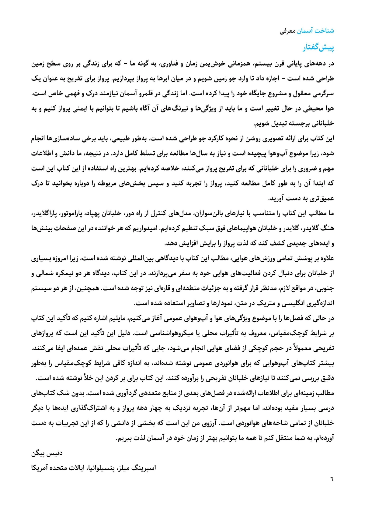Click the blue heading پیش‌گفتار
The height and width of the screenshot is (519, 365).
tap(318, 48)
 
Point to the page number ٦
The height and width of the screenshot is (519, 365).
tap(332, 479)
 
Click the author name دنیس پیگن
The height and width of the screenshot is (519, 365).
tap(47, 453)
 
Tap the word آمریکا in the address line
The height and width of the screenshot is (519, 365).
tap(41, 468)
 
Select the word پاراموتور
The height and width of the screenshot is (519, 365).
tap(79, 214)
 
